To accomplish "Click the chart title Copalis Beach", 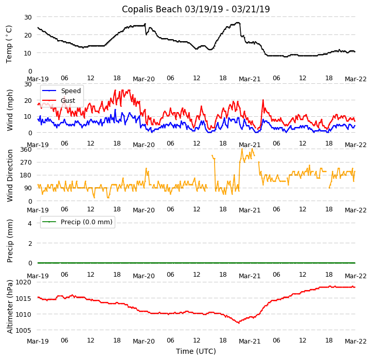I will pos(196,9).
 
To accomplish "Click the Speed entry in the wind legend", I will pos(70,91).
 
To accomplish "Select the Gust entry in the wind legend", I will pos(67,101).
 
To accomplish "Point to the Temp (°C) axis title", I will pos(9,44).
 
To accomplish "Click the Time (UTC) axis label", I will pos(196,351).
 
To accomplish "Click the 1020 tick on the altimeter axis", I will pos(24,282).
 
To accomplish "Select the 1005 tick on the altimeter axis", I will pos(24,330).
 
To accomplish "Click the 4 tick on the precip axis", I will pos(29,223).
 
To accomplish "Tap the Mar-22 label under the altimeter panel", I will pos(356,341).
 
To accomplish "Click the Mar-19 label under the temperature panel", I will pos(38,79).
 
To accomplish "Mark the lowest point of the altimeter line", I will pos(238,323).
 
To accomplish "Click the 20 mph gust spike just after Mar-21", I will pos(263,100).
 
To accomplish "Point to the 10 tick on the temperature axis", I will pos(27,53).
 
